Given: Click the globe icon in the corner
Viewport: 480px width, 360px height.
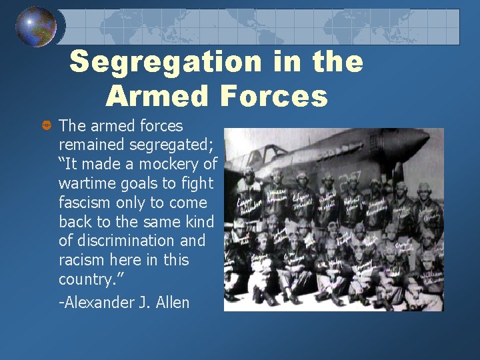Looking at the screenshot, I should [36, 27].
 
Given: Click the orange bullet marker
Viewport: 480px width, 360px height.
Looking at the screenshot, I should [46, 126].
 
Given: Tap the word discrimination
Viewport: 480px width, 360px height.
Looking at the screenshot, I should [124, 241].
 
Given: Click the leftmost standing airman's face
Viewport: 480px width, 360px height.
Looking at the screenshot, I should [249, 178].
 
